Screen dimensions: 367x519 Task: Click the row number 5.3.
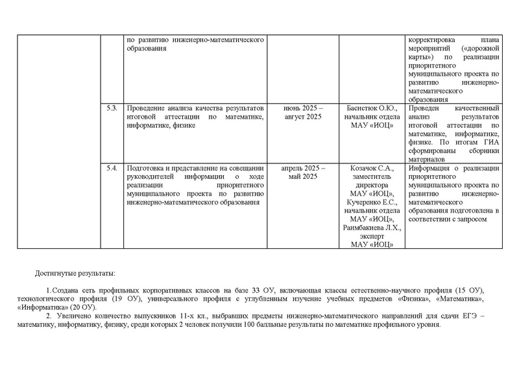click(111, 107)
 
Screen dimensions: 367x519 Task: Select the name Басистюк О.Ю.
click(368, 107)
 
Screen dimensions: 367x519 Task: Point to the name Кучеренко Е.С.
click(368, 202)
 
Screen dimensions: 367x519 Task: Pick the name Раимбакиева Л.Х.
click(368, 228)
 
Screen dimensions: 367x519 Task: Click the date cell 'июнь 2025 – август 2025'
click(304, 112)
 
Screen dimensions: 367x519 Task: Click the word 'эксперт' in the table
click(368, 236)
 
